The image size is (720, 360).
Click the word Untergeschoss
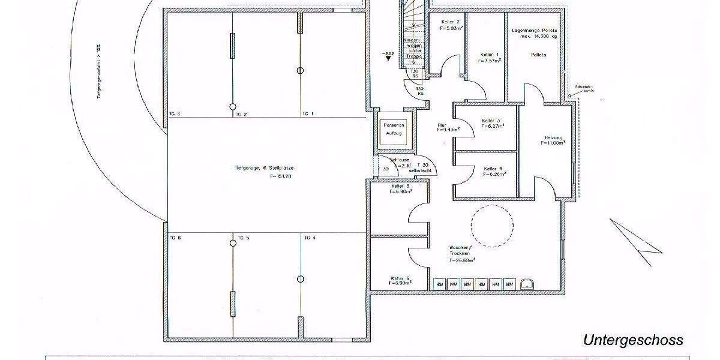coord(633,340)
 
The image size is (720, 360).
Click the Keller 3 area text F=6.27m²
coord(492,126)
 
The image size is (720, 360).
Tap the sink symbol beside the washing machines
coord(528,284)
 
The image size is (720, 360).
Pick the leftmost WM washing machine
coord(439,284)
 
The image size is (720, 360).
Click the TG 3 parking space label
coord(175,113)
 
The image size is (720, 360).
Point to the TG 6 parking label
coord(175,238)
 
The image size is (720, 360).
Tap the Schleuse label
coord(400,160)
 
